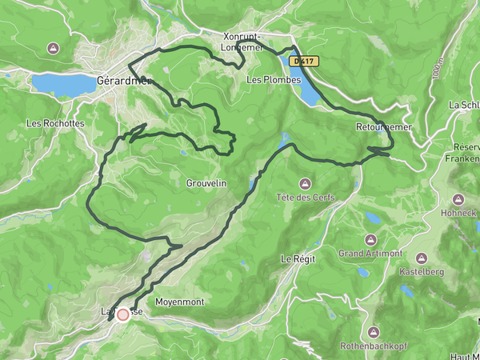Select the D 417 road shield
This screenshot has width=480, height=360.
tap(305, 60)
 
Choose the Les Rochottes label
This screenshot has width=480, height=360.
tap(54, 123)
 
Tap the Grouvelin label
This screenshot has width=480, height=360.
tap(206, 183)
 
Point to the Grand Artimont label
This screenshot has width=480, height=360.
tap(370, 254)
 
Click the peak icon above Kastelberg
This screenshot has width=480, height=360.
tap(419, 259)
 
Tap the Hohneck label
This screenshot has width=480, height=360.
tap(458, 214)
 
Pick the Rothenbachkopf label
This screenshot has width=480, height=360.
tap(374, 346)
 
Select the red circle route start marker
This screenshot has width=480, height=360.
tap(123, 315)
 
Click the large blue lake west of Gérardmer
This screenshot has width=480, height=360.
tap(64, 83)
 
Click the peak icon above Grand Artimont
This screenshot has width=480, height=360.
tap(370, 239)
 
